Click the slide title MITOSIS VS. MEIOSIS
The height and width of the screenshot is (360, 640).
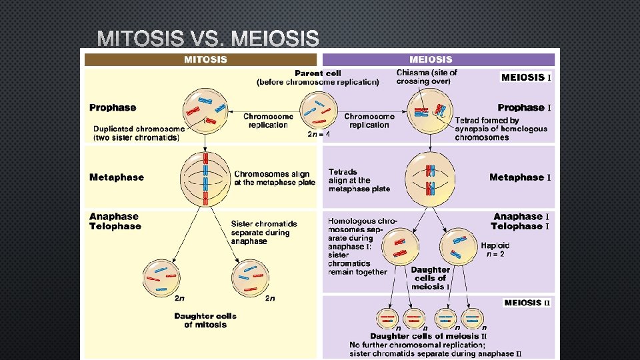click(208, 39)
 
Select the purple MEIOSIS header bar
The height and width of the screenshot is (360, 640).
click(439, 59)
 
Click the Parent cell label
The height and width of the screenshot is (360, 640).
click(318, 73)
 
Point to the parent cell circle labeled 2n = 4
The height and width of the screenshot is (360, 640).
click(318, 110)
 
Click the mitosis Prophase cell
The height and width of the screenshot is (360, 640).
click(205, 109)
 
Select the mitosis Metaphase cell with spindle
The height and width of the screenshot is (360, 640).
click(205, 179)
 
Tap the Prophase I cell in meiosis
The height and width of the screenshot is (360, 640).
click(431, 109)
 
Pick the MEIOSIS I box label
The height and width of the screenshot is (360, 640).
click(526, 77)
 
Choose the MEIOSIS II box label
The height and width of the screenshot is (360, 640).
click(527, 303)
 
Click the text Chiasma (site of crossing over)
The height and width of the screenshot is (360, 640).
click(427, 77)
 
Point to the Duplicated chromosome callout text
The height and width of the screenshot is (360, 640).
click(139, 133)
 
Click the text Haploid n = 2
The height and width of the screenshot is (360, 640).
click(495, 249)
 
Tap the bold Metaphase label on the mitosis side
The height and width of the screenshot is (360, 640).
click(117, 177)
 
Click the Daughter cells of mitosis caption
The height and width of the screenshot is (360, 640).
click(205, 320)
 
